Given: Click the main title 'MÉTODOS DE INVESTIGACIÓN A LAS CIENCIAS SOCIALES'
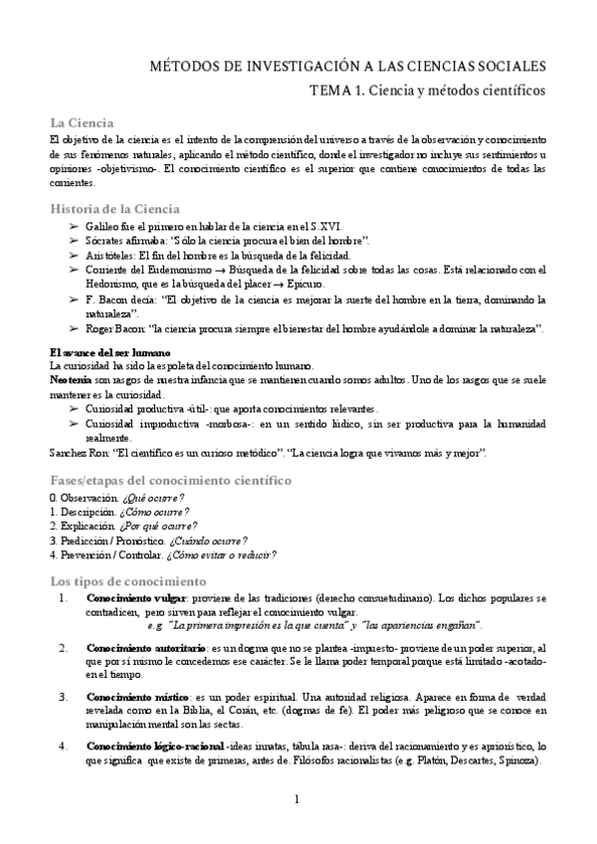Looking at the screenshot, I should click(347, 67).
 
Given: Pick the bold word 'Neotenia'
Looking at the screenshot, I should click(71, 381).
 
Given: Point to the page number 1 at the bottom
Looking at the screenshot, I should click(298, 801).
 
